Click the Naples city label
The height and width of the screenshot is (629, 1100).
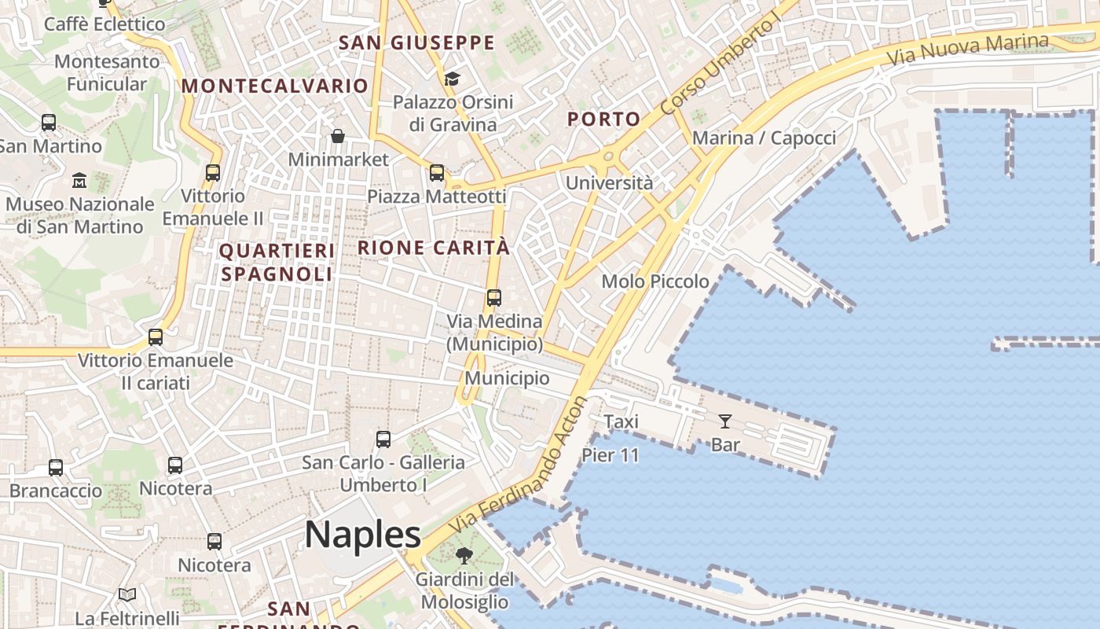click(363, 535)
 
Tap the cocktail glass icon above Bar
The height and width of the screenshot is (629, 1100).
click(724, 421)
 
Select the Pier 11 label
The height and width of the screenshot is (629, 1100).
click(610, 455)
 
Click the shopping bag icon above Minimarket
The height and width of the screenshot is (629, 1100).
click(338, 137)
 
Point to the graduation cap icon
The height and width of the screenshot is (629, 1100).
click(452, 79)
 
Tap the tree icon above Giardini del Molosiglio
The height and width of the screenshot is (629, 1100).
click(464, 556)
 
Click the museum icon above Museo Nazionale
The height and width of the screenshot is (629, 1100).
click(79, 181)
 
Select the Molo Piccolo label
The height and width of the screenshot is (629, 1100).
click(655, 281)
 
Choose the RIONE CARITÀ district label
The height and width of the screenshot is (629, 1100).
click(434, 248)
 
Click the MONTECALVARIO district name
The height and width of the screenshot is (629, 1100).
click(275, 86)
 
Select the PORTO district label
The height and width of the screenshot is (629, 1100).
click(603, 119)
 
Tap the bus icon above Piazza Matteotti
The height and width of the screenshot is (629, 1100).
click(437, 173)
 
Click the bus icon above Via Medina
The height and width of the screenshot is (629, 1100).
click(493, 298)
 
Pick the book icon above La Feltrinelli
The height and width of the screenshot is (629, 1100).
click(127, 595)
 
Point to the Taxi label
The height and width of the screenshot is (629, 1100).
click(621, 421)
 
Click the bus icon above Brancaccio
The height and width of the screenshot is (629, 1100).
click(56, 468)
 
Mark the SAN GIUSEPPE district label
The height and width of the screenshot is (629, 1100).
click(416, 42)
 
